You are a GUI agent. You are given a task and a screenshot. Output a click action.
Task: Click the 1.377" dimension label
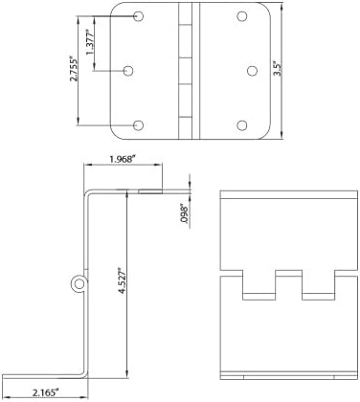[90, 43]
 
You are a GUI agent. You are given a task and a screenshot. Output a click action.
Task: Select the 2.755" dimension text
[74, 70]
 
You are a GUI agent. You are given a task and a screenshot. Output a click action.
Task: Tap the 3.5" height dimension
[279, 69]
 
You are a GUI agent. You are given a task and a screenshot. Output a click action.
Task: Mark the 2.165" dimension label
[46, 392]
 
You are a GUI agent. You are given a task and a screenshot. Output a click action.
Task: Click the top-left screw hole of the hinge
[138, 16]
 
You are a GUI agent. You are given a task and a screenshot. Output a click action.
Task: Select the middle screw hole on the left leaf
[128, 71]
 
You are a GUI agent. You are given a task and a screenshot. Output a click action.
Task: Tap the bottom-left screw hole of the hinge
[138, 125]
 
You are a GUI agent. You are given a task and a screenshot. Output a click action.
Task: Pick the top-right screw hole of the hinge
[242, 16]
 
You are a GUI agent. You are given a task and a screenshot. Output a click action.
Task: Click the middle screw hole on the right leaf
[252, 71]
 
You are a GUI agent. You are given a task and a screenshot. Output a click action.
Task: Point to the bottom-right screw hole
[242, 125]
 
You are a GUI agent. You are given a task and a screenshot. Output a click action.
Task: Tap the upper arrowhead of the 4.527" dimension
[127, 192]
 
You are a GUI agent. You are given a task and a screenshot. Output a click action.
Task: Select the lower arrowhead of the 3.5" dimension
[281, 135]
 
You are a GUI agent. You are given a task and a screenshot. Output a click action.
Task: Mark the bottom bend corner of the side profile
[84, 375]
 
